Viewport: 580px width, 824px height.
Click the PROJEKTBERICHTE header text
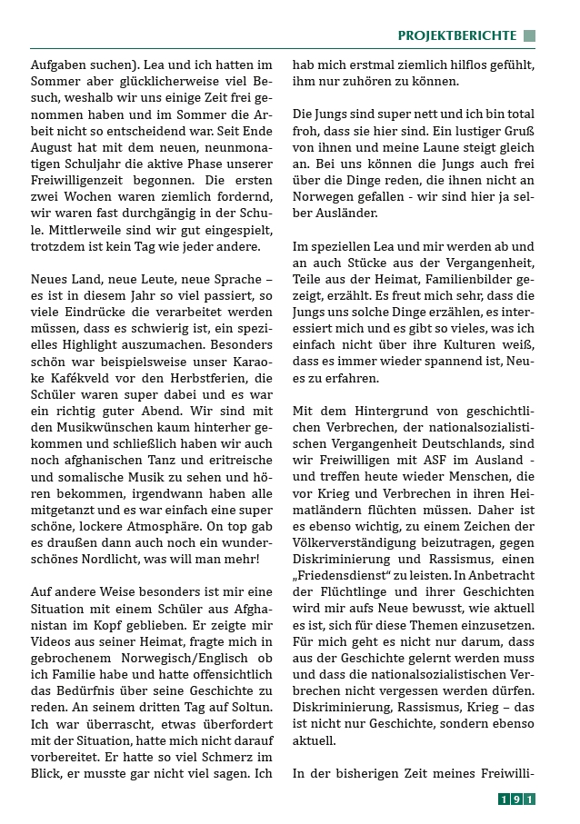pos(456,35)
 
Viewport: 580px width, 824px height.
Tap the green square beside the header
pos(529,35)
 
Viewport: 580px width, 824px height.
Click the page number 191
pos(516,799)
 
